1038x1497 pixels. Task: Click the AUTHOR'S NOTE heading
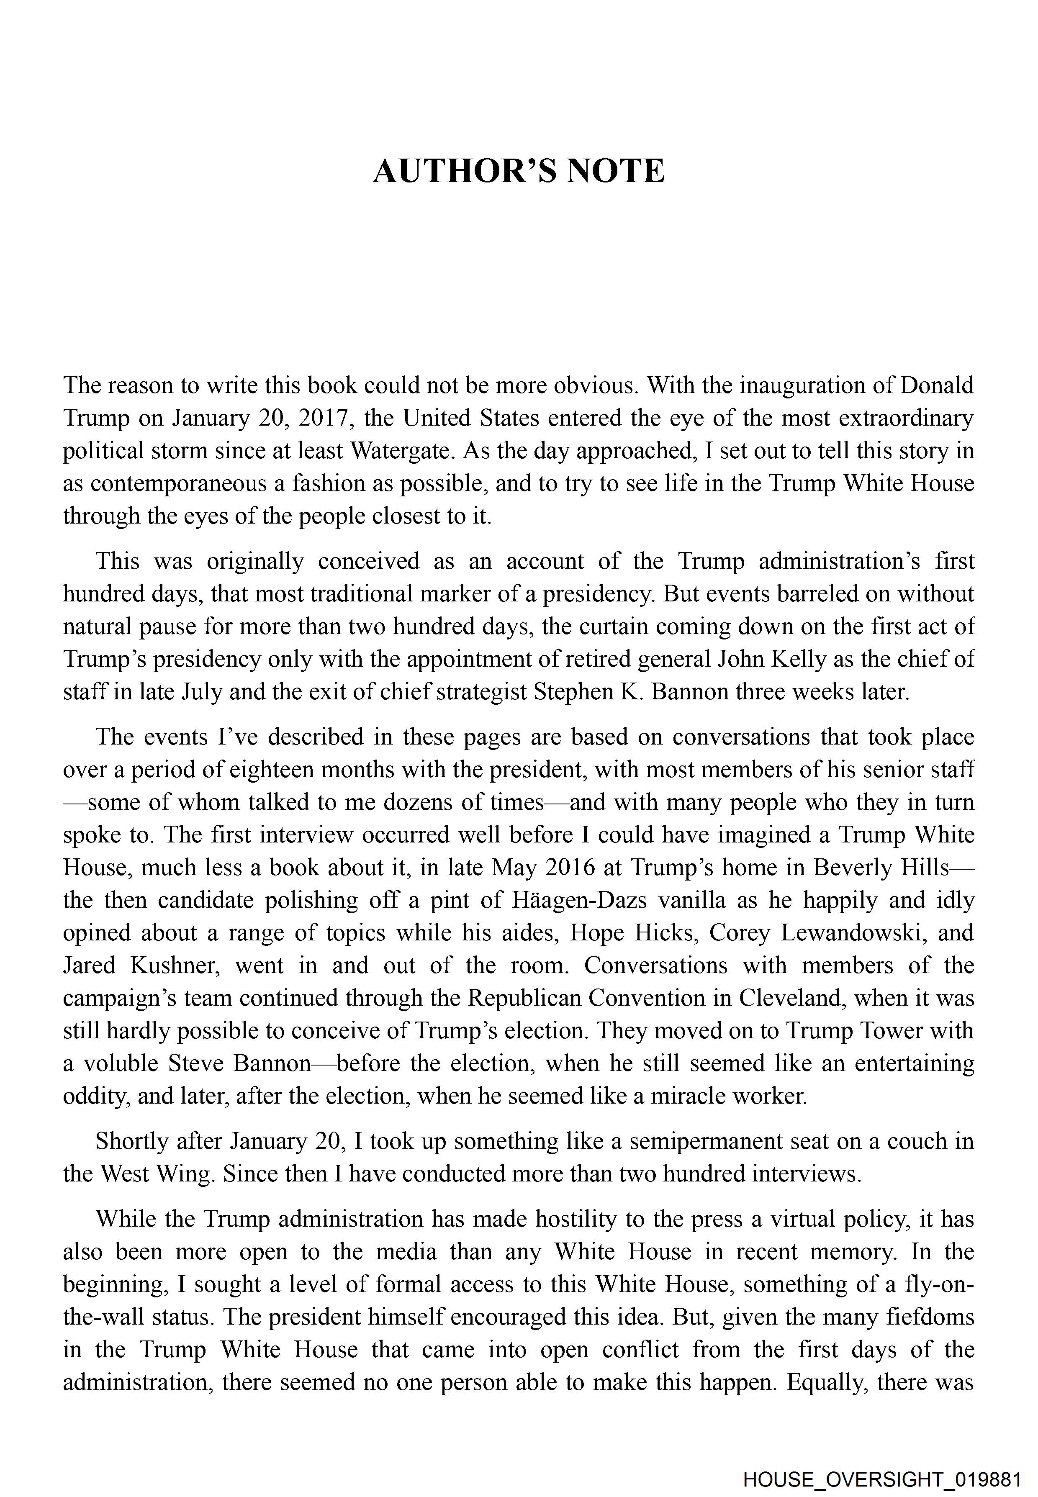click(518, 171)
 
